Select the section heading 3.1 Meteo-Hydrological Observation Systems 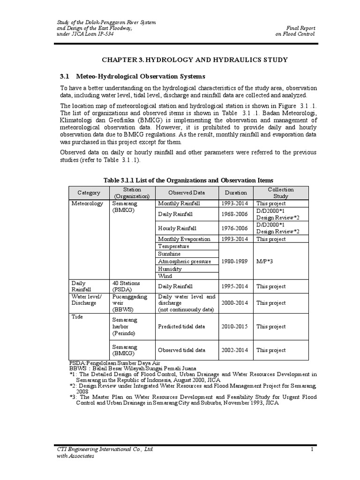tap(133, 76)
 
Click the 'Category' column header tap(89, 193)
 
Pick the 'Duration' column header tap(236, 193)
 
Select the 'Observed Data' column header tap(187, 193)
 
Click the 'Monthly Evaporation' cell tap(184, 239)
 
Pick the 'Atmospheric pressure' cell tap(184, 262)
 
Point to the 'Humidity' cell tap(170, 269)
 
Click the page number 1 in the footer tap(311, 450)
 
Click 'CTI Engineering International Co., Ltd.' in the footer tap(105, 450)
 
